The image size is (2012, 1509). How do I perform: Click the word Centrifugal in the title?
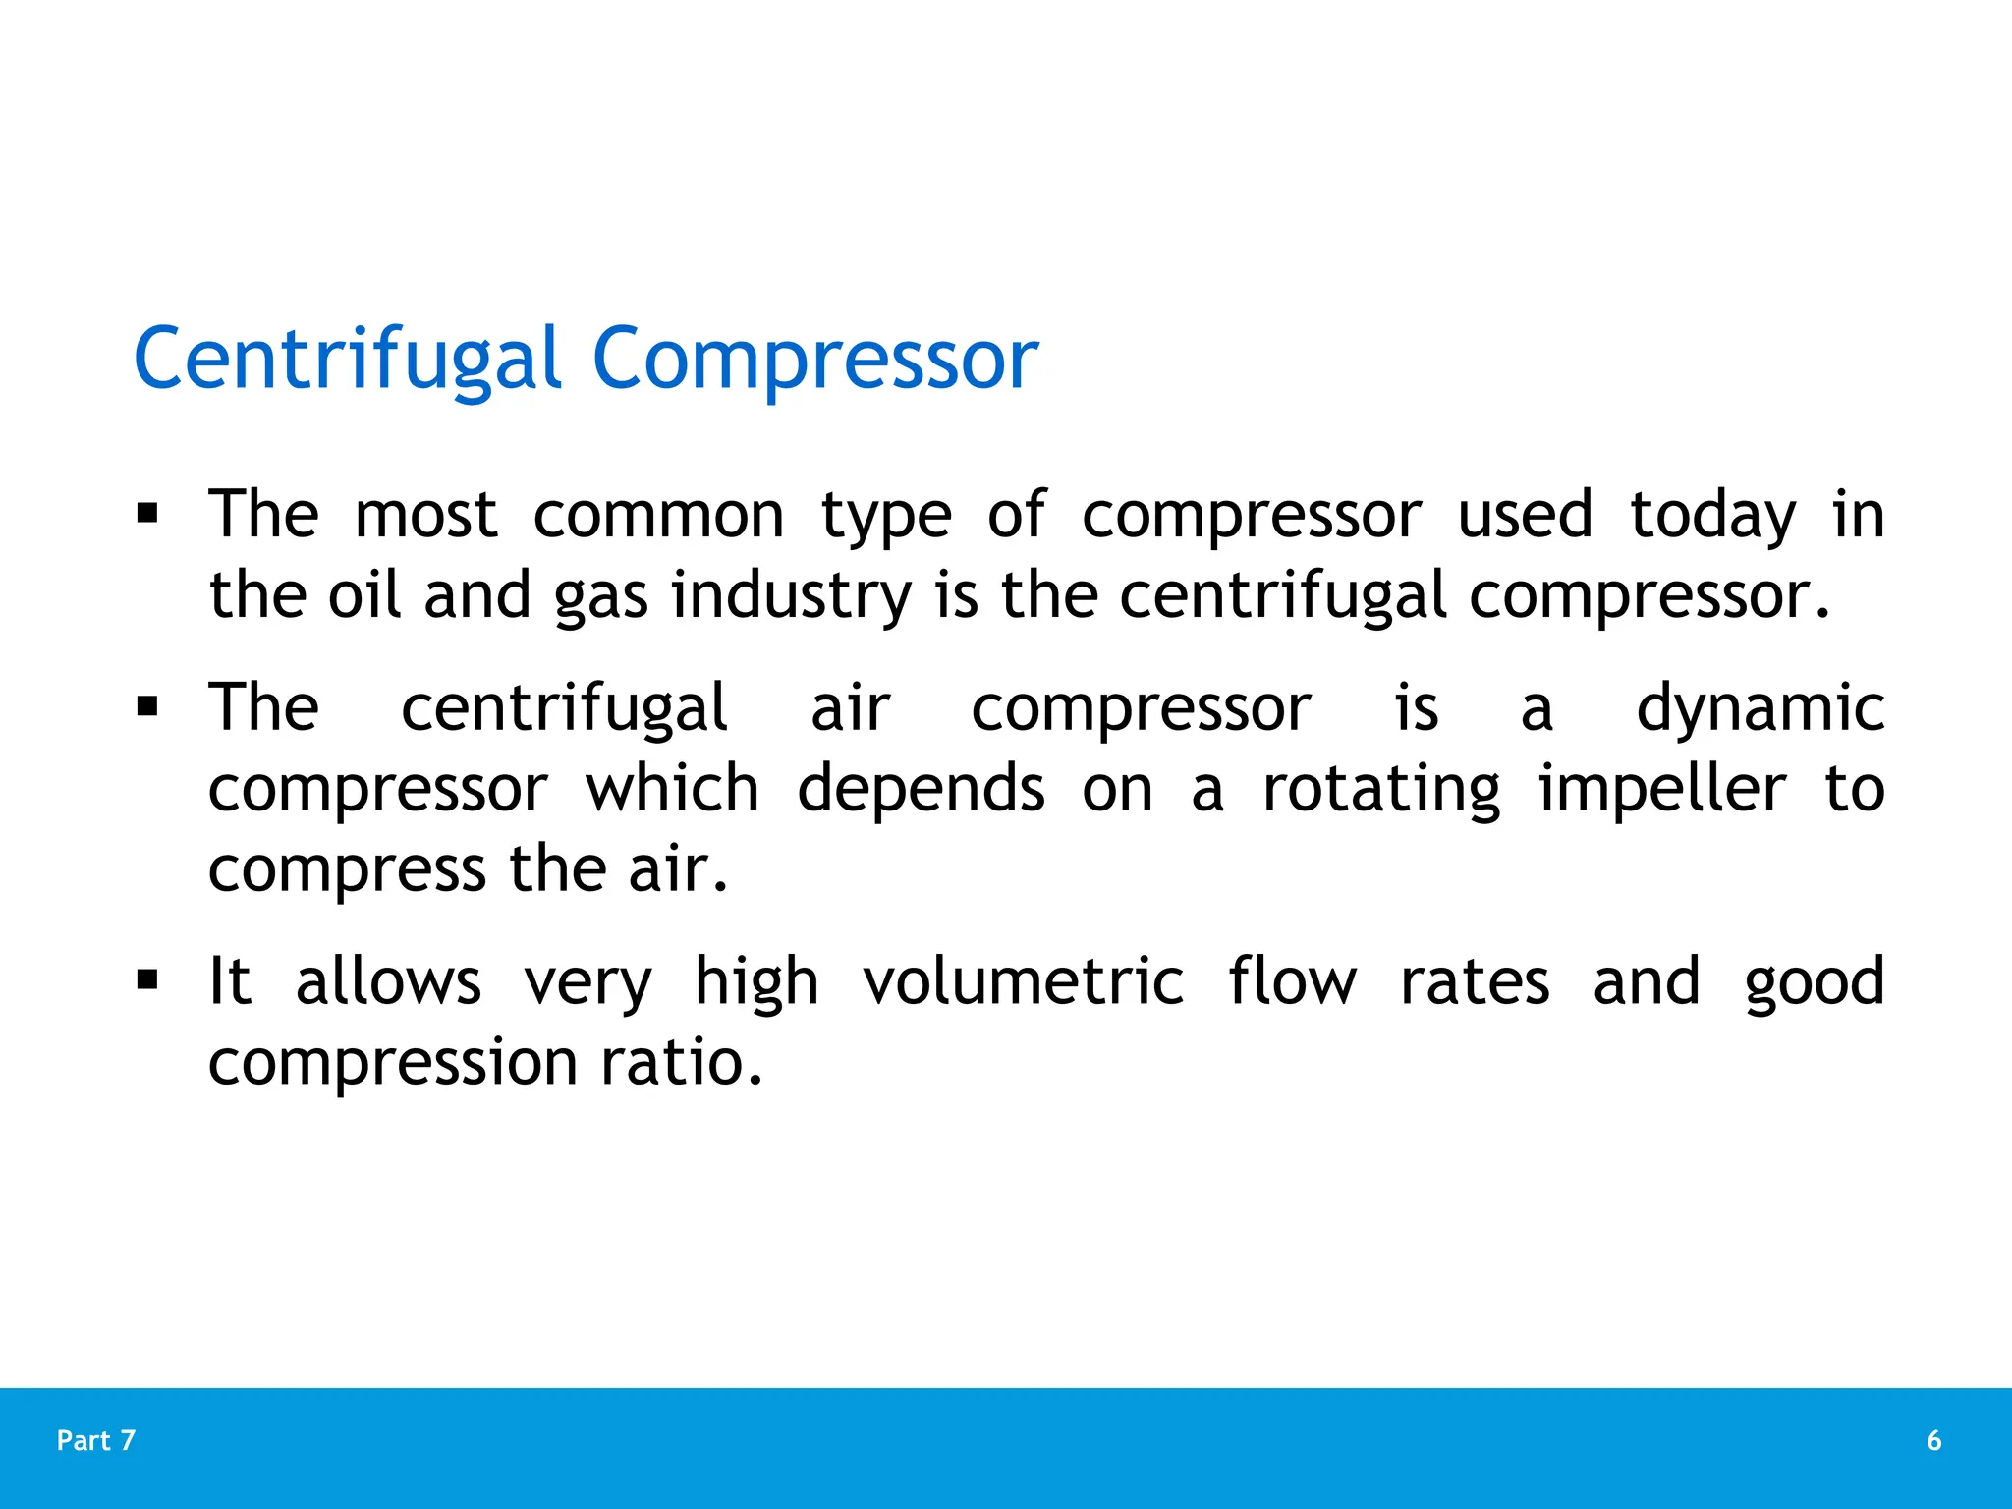347,360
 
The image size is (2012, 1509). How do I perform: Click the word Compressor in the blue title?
815,360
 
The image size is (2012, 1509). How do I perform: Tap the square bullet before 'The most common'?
148,514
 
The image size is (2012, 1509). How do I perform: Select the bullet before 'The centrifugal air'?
148,706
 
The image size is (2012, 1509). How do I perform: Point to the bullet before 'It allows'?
148,979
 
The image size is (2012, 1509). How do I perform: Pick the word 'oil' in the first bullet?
364,595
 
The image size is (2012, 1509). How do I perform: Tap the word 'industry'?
792,597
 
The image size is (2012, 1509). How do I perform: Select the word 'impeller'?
1661,790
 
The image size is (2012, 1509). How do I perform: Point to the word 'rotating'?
1381,790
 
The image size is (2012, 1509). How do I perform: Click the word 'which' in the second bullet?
673,788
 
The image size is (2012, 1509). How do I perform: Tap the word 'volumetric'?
1024,981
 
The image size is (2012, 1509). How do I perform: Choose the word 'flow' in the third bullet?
1292,981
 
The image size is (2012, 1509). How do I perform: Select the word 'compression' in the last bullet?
393,1064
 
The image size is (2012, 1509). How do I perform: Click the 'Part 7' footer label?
96,1440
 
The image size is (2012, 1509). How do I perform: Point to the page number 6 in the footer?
1933,1440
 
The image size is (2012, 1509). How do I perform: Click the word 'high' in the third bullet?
756,981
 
